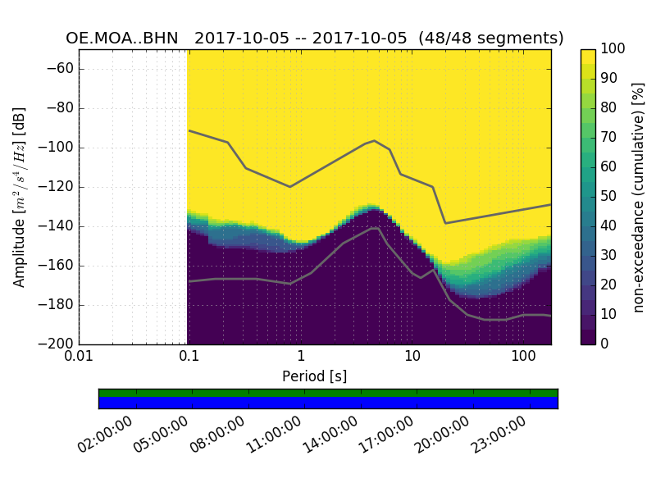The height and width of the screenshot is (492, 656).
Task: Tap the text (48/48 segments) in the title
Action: coord(491,39)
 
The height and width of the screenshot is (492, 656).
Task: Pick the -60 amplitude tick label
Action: coord(61,69)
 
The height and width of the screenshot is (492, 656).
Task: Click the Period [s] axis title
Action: coord(315,376)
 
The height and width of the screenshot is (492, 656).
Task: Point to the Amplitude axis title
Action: coord(20,197)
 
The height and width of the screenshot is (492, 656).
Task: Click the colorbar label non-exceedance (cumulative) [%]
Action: coord(639,197)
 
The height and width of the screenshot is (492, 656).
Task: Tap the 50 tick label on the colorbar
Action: coord(610,197)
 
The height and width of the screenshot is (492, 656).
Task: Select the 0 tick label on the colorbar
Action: coord(606,344)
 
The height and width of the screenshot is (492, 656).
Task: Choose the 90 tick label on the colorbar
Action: coord(610,79)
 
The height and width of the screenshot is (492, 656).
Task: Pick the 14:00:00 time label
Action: coord(331,435)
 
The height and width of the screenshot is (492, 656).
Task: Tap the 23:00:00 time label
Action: coord(499,435)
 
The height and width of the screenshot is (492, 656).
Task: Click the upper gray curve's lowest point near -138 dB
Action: coord(445,223)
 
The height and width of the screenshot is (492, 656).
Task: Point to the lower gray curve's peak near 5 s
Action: coord(376,228)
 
